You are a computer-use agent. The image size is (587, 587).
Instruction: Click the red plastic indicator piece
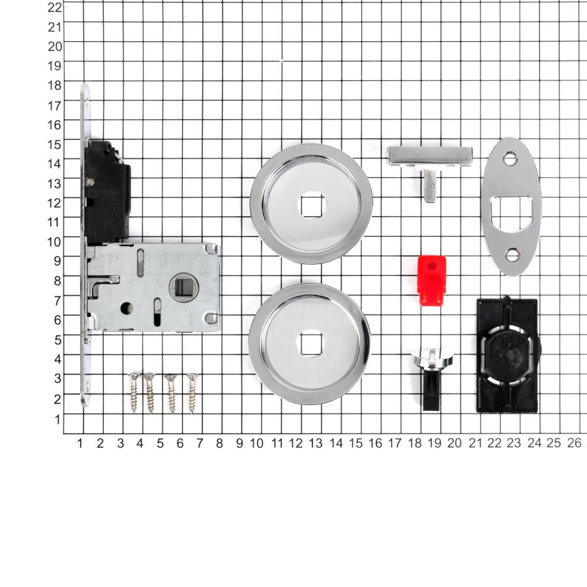coord(432,280)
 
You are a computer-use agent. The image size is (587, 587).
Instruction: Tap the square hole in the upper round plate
coord(312,205)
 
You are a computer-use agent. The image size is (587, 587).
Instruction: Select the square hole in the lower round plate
coord(310,342)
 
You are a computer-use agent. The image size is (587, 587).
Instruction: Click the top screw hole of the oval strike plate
coord(510,158)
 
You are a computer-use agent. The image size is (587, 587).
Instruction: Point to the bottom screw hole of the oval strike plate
coord(512,255)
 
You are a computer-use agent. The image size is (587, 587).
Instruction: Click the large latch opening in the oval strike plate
coord(511,213)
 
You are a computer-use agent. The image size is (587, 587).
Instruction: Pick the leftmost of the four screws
coord(134,393)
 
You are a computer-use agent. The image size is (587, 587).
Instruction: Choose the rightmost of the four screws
coord(192,393)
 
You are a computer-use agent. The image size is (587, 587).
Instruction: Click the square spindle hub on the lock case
coord(183,288)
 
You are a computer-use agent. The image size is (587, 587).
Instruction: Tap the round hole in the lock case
coord(127,308)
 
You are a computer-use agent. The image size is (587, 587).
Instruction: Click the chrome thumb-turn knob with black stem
coord(432,379)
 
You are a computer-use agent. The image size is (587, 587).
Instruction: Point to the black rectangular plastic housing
coord(508,355)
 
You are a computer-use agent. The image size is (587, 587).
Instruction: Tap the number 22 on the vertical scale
coord(55,7)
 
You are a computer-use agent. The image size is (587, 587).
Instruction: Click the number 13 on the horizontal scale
coord(316,444)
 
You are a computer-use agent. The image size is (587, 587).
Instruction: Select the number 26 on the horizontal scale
coord(574,443)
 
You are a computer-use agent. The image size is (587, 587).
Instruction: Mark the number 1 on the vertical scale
coord(57,419)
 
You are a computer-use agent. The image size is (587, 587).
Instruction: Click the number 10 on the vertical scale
coord(55,241)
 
